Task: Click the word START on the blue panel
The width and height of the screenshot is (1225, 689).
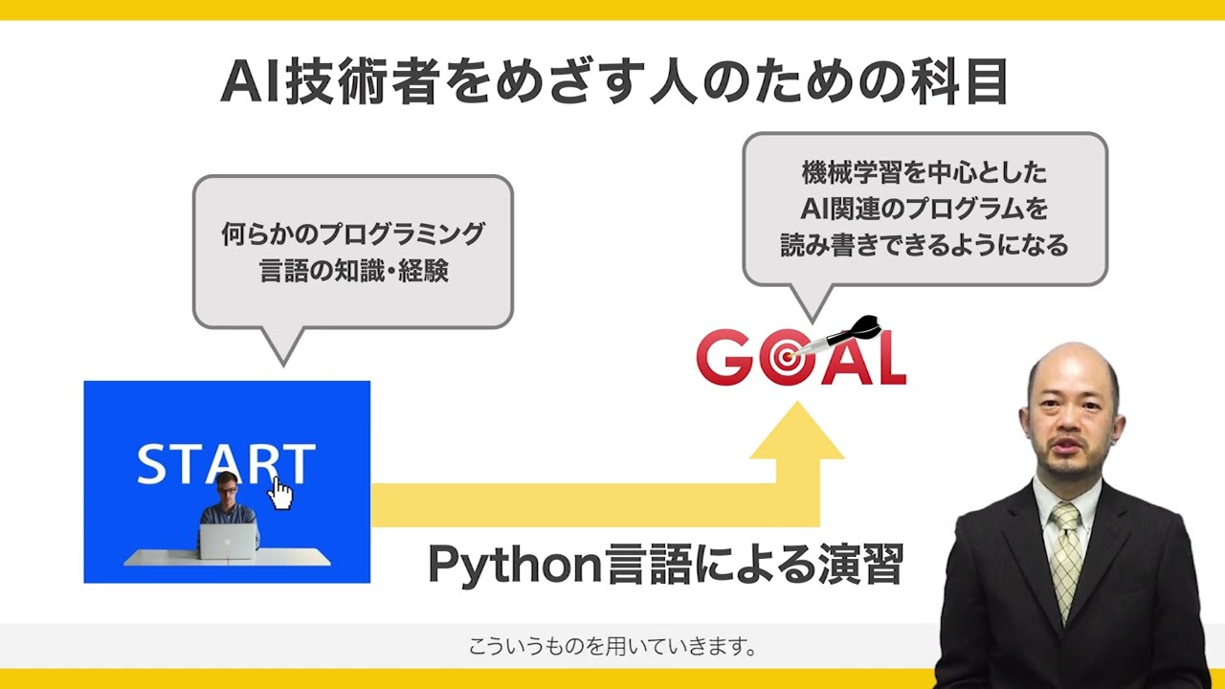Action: pyautogui.click(x=226, y=464)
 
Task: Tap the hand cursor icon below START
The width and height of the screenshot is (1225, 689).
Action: pyautogui.click(x=280, y=494)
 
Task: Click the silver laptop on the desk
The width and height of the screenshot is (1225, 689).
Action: pyautogui.click(x=228, y=541)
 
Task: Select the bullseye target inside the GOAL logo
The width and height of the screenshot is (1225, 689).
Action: pyautogui.click(x=786, y=359)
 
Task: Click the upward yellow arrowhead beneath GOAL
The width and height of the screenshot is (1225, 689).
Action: pyautogui.click(x=797, y=431)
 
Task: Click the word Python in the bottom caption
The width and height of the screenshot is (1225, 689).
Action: pyautogui.click(x=515, y=565)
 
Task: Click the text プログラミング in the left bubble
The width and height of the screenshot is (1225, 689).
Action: pyautogui.click(x=402, y=234)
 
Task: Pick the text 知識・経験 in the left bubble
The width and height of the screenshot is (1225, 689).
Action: pyautogui.click(x=391, y=271)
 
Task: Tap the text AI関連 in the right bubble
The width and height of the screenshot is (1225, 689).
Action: pyautogui.click(x=837, y=209)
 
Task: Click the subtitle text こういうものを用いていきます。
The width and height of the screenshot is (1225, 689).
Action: pyautogui.click(x=612, y=646)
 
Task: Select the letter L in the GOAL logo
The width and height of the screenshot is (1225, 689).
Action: pyautogui.click(x=888, y=359)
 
